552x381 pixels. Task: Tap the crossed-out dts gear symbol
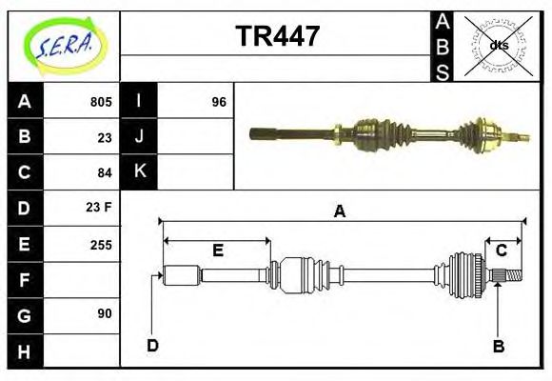pos(498,45)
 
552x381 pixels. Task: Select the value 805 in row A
pos(101,102)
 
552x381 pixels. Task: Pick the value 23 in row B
pos(105,137)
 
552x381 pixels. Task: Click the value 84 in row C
pos(105,172)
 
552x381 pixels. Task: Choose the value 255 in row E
pos(101,245)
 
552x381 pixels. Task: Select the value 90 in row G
pos(105,313)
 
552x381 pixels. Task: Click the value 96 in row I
pos(219,102)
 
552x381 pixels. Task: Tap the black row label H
pos(25,351)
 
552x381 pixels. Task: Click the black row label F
pos(25,280)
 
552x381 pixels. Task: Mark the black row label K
pos(140,172)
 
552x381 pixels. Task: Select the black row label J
pos(140,137)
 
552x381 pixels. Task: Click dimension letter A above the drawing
pos(339,211)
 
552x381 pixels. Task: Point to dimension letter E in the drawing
pos(217,251)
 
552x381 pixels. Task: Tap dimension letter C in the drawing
pos(501,251)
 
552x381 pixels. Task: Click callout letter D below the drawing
pos(152,346)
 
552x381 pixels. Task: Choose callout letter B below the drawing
pos(498,346)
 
